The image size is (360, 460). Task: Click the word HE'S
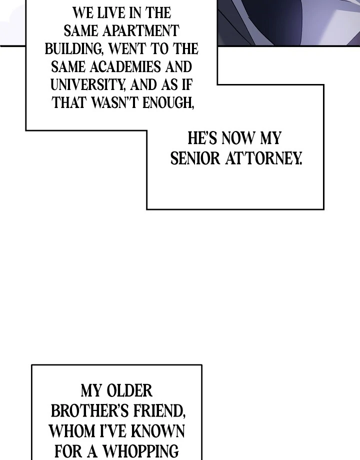coord(202,138)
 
